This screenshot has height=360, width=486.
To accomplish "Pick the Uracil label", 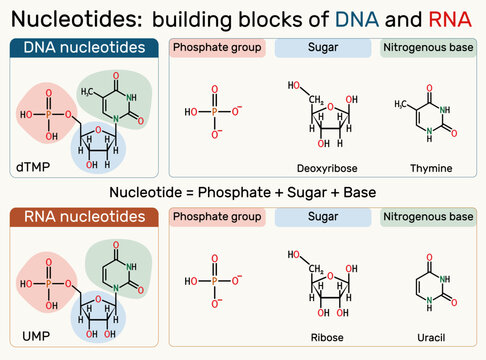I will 432,337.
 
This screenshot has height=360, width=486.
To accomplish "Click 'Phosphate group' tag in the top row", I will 217,48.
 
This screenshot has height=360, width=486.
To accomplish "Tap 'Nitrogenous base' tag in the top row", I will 429,48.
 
